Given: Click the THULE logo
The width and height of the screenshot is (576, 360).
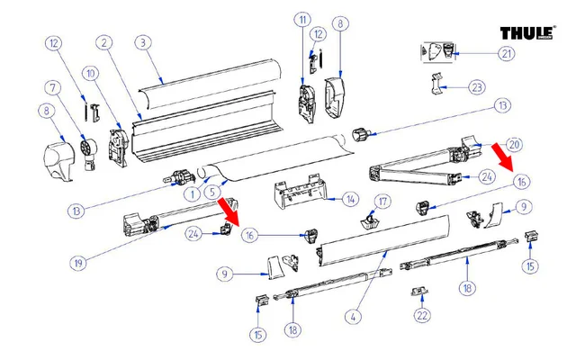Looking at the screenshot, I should click(x=527, y=33).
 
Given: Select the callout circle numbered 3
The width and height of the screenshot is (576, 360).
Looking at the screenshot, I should click(x=141, y=42).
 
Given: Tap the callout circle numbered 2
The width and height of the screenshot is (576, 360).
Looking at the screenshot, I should click(x=105, y=42).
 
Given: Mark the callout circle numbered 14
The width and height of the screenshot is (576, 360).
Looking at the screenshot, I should click(x=350, y=199).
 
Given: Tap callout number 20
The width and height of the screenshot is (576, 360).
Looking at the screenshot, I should click(x=514, y=144).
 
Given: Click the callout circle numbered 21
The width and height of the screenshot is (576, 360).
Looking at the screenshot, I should click(x=508, y=54).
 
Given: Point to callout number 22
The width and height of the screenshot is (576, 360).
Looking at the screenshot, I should click(x=422, y=315).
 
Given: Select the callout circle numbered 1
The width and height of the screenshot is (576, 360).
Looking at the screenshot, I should click(x=191, y=193).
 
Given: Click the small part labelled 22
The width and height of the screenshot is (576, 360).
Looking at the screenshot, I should click(x=418, y=292).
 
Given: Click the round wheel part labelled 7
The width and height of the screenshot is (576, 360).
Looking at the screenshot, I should click(x=87, y=146).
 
